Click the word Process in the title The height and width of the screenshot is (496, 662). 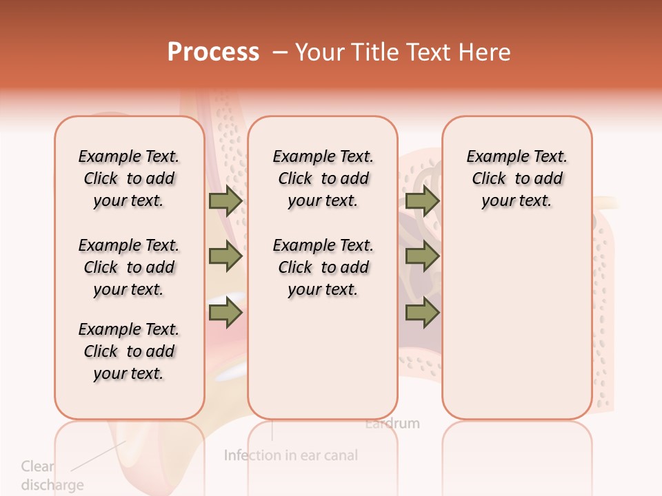click(213, 52)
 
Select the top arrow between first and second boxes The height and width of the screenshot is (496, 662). click(225, 201)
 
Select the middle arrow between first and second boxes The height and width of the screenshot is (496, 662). click(225, 257)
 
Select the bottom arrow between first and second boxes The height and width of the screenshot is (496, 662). click(225, 313)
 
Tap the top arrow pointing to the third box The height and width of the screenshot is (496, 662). click(422, 201)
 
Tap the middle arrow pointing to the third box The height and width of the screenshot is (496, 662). click(422, 257)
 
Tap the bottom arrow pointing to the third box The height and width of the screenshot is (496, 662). click(422, 313)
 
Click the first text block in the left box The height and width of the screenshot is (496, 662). click(129, 178)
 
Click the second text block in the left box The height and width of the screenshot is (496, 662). click(129, 267)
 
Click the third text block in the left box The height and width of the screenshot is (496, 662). click(129, 351)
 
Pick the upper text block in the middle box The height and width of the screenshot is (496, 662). click(323, 178)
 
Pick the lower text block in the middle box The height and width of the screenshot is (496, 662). click(323, 267)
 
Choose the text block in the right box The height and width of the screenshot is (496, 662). click(516, 178)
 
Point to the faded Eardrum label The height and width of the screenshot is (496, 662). click(392, 423)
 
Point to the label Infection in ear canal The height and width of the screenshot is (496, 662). click(291, 455)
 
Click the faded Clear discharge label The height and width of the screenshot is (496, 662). click(52, 475)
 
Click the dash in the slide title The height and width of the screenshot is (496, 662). click(280, 53)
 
